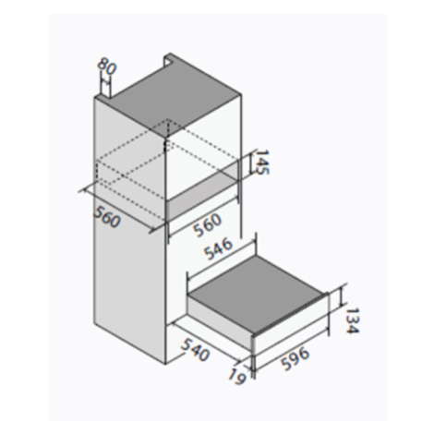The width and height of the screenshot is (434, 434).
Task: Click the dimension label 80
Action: tap(106, 68)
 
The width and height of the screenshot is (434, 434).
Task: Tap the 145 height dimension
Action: tap(262, 163)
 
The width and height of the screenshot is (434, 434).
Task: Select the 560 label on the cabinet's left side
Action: tap(106, 217)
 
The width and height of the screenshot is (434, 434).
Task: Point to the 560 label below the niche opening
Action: tap(207, 224)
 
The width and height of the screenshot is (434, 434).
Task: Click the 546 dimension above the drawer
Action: tap(219, 248)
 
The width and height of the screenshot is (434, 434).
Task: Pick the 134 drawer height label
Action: tap(351, 320)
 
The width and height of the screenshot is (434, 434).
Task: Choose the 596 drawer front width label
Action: tap(295, 358)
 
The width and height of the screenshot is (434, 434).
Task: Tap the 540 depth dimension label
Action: tap(195, 349)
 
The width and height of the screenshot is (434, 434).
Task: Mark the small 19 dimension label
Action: tap(237, 377)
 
